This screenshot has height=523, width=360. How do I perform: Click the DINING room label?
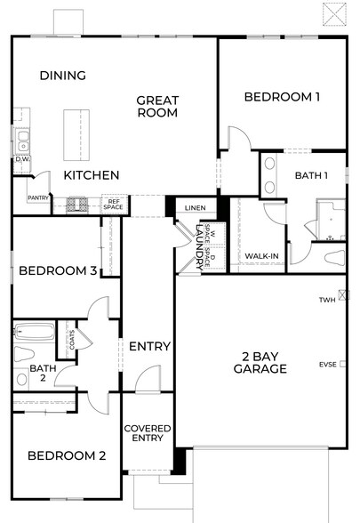point(62,76)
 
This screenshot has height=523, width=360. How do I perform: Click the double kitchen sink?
point(20,141)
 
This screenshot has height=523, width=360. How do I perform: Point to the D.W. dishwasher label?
point(21,159)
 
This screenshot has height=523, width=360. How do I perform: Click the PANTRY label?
point(37,198)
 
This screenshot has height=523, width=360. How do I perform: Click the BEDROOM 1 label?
point(282,97)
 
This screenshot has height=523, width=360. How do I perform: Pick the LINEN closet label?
point(194,209)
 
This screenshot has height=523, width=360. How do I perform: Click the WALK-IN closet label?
point(261,257)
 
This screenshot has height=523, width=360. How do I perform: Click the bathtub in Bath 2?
point(34,335)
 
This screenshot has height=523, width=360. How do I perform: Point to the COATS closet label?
point(71,340)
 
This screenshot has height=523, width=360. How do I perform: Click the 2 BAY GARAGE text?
point(261,362)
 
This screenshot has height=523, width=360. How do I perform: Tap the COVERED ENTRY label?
point(147,433)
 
